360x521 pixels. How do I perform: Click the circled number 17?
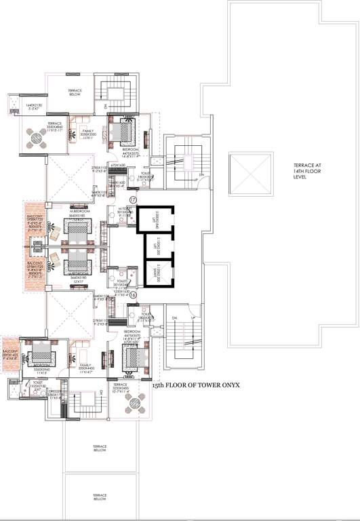click(133, 199)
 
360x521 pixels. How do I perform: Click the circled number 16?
click(133, 295)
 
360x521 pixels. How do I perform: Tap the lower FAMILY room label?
click(86, 368)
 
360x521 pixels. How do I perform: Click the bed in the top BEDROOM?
click(125, 131)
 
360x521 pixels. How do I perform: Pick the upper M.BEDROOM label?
click(79, 212)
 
